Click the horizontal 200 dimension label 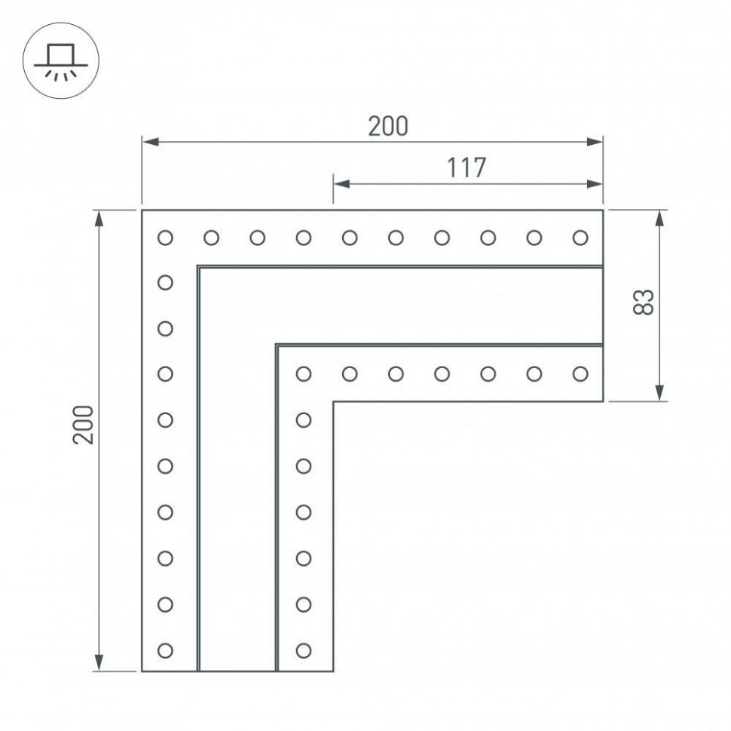(388, 126)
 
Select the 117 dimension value (466, 167)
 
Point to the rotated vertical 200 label (84, 425)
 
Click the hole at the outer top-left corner (166, 238)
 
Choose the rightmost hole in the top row (580, 238)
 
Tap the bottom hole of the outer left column (166, 650)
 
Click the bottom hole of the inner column (304, 650)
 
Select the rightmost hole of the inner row (580, 373)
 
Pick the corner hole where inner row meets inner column (304, 373)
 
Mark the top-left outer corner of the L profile (142, 210)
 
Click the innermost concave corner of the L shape (333, 401)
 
